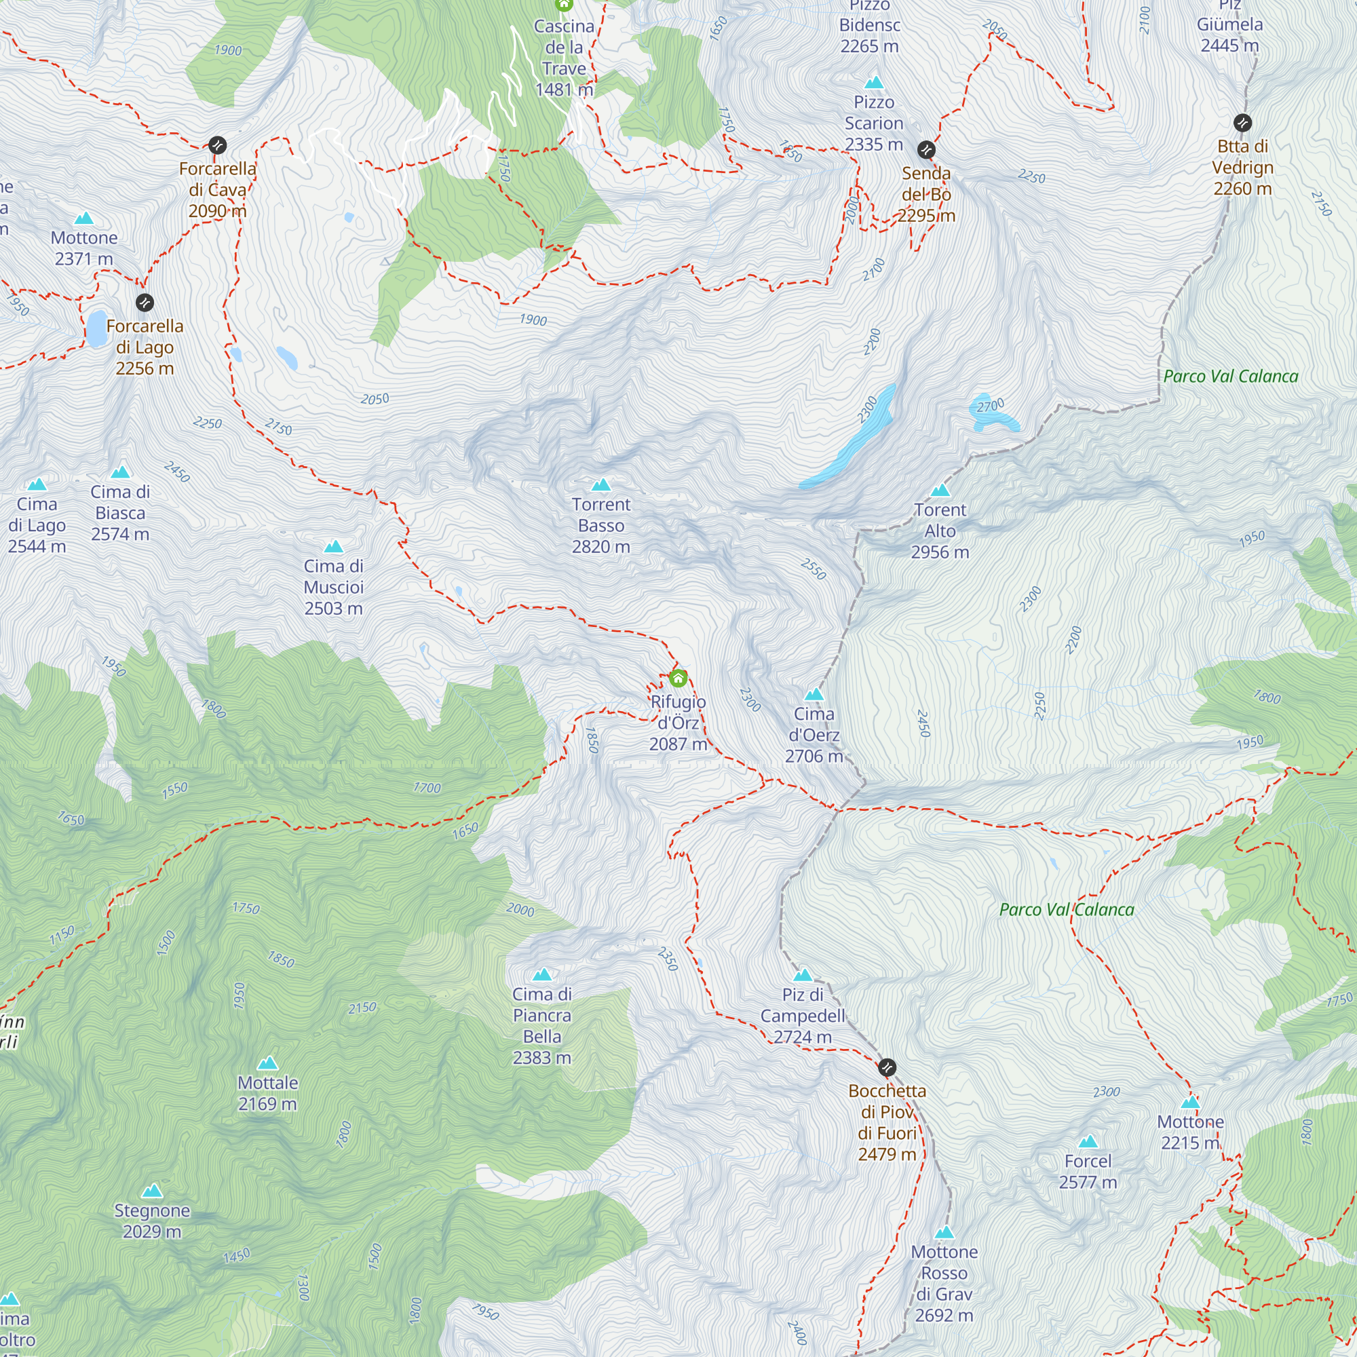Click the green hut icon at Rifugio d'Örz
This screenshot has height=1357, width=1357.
click(678, 678)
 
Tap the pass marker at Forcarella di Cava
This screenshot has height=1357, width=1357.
click(218, 145)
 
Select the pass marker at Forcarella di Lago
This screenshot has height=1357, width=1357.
click(145, 303)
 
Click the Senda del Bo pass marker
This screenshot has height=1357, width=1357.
click(926, 149)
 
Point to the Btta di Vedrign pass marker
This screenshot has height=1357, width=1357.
click(1242, 123)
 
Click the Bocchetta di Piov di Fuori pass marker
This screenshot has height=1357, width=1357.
click(887, 1067)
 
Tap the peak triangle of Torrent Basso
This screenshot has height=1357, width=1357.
click(601, 484)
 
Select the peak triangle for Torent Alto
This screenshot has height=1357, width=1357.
click(940, 491)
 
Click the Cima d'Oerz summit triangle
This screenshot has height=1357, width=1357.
click(814, 695)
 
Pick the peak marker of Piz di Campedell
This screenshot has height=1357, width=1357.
click(803, 975)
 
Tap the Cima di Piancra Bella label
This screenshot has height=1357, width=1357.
click(541, 1025)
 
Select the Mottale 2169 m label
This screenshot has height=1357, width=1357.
click(267, 1093)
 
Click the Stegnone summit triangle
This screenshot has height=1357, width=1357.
click(153, 1191)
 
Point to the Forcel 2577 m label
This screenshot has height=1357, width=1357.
click(1088, 1172)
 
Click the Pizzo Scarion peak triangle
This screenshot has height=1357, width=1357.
click(874, 82)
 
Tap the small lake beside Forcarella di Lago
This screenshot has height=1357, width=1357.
click(97, 328)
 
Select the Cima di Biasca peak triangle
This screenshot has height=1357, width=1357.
click(121, 472)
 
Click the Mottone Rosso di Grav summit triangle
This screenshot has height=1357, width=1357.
click(944, 1233)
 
